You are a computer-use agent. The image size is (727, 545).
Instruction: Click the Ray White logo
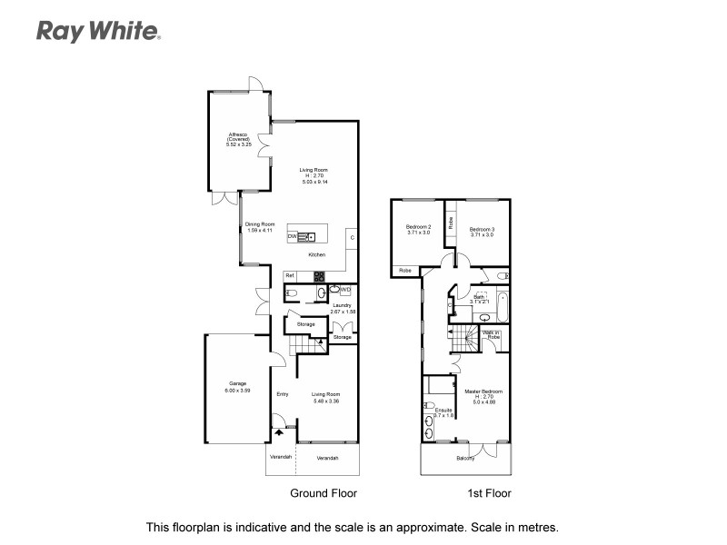(98, 32)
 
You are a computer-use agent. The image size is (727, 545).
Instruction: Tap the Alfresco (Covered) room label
(239, 138)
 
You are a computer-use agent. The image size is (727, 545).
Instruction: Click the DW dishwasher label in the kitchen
(293, 236)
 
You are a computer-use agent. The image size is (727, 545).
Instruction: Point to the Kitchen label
(316, 255)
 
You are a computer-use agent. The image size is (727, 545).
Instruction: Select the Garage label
(238, 384)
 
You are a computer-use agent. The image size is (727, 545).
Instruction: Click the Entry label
(283, 394)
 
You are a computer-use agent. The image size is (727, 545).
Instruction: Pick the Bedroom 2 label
(418, 228)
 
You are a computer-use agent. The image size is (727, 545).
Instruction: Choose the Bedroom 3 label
(482, 229)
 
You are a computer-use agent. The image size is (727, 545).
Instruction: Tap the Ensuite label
(444, 410)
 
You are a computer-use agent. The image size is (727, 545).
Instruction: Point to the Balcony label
(465, 459)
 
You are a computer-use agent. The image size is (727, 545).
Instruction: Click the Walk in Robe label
(492, 334)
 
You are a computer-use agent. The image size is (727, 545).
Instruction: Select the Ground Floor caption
(323, 494)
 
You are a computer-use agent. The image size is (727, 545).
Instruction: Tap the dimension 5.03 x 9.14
(315, 183)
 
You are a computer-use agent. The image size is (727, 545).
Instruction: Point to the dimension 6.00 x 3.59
(238, 391)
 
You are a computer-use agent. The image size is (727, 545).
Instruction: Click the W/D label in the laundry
(345, 289)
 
